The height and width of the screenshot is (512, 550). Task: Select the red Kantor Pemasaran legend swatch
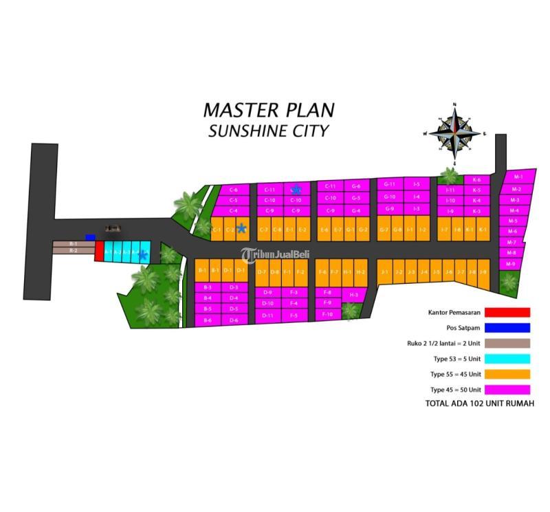507,313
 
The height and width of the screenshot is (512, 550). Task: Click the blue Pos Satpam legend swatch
507,328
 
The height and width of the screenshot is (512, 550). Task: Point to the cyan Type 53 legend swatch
507,359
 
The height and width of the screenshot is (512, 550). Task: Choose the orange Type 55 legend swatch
507,374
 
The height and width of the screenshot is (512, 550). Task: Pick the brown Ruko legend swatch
507,343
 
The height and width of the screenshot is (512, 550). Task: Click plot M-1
518,177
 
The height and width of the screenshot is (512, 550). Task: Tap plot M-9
510,264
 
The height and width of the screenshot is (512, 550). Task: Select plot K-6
476,179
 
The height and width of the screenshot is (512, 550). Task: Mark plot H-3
353,295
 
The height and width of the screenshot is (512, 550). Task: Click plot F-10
328,314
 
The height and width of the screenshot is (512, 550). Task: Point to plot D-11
268,315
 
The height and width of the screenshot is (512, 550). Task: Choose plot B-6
208,320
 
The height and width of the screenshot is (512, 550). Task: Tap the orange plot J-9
483,273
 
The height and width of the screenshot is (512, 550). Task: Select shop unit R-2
73,251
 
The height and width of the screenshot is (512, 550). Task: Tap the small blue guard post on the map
90,237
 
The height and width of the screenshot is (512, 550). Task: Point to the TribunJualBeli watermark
275,255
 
